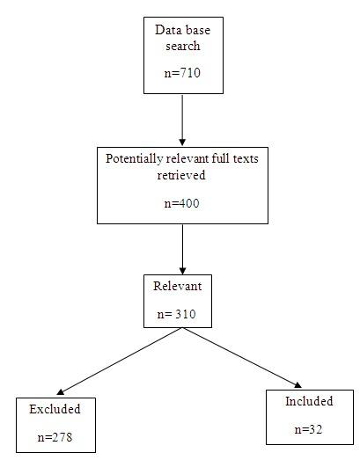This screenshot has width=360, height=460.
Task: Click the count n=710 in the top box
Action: pos(180,73)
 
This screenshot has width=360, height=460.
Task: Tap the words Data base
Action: pos(180,29)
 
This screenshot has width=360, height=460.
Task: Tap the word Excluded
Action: pos(55,409)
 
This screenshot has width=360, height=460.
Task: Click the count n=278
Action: pos(55,435)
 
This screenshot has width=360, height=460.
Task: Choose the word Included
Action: pos(309,402)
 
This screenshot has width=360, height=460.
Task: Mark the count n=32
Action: pos(309,430)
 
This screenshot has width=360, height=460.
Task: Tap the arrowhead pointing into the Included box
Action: pos(297,383)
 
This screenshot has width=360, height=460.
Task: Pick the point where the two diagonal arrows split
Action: pos(180,329)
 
